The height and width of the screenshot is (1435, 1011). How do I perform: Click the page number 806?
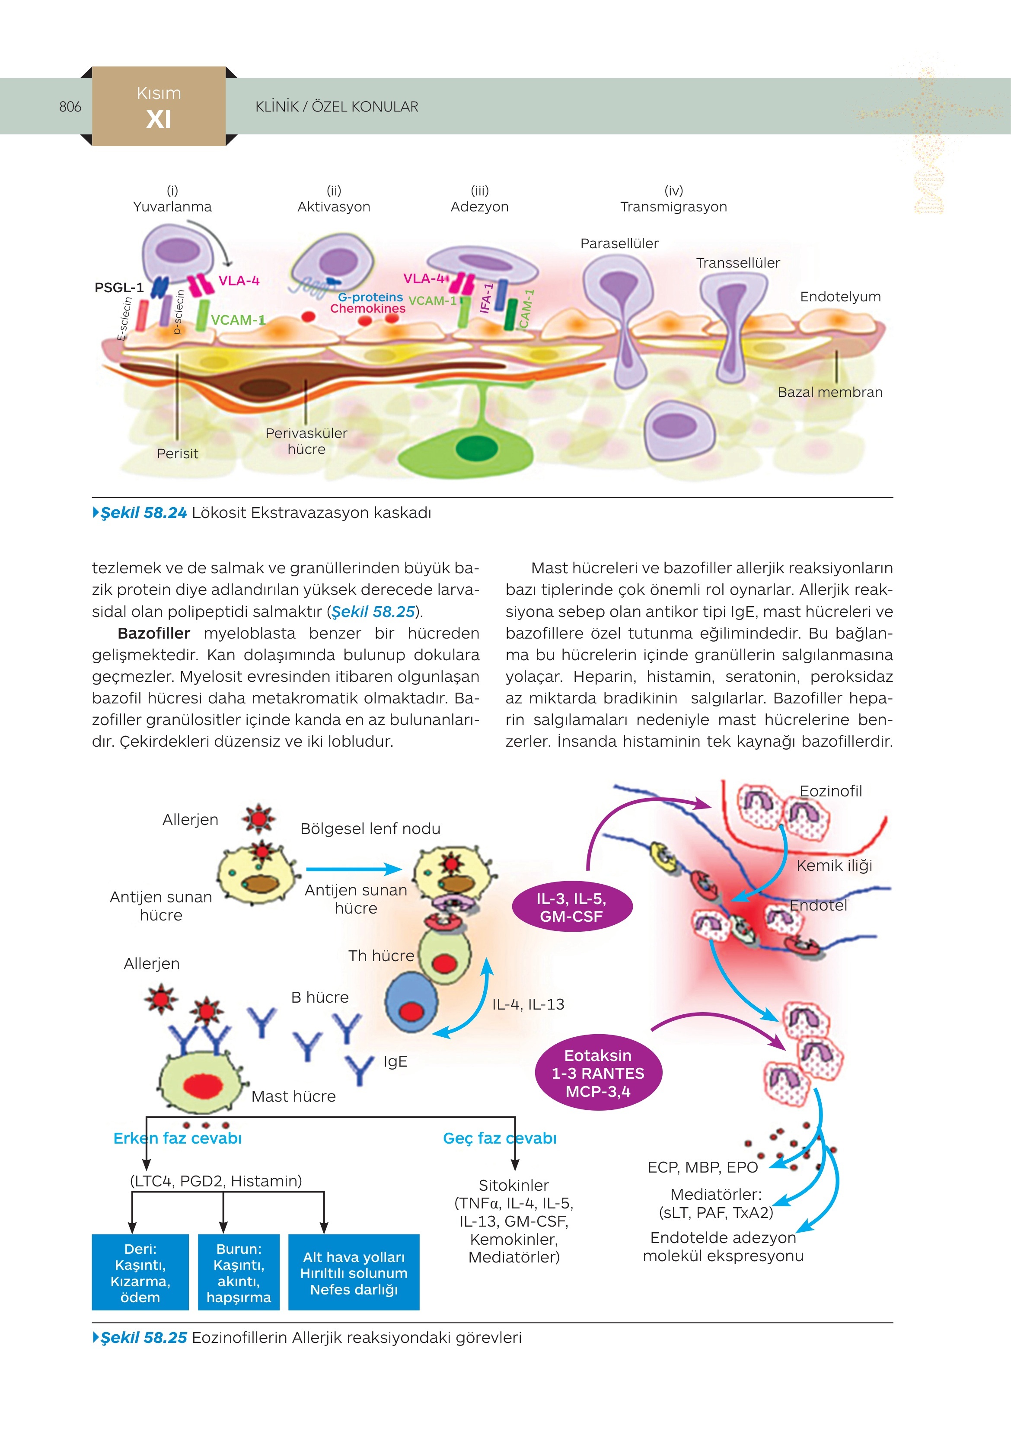(x=70, y=107)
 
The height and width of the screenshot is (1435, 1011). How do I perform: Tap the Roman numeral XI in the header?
(x=159, y=119)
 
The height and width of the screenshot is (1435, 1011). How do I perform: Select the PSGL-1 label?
(x=119, y=288)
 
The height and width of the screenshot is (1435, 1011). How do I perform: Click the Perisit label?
(x=178, y=454)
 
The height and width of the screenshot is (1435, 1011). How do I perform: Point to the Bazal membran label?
(x=830, y=393)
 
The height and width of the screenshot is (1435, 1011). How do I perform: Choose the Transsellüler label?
(x=738, y=263)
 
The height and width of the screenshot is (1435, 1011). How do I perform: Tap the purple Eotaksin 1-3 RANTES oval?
(x=598, y=1073)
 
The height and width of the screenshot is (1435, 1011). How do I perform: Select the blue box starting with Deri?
(x=140, y=1272)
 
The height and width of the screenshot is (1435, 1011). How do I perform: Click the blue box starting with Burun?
(x=239, y=1272)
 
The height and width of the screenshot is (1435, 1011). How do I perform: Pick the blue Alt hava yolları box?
(x=354, y=1272)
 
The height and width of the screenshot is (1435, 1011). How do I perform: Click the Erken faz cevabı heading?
(x=178, y=1138)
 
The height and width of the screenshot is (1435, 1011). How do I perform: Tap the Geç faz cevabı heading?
(x=499, y=1138)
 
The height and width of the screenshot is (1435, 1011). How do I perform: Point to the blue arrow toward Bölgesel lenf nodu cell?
(x=354, y=869)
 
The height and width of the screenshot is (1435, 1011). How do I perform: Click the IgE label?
(x=395, y=1061)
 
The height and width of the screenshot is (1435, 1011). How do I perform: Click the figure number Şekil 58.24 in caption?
(x=144, y=513)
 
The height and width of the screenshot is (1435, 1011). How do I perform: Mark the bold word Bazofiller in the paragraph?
(x=154, y=633)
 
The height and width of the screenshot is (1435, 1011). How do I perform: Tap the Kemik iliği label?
(x=834, y=866)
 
